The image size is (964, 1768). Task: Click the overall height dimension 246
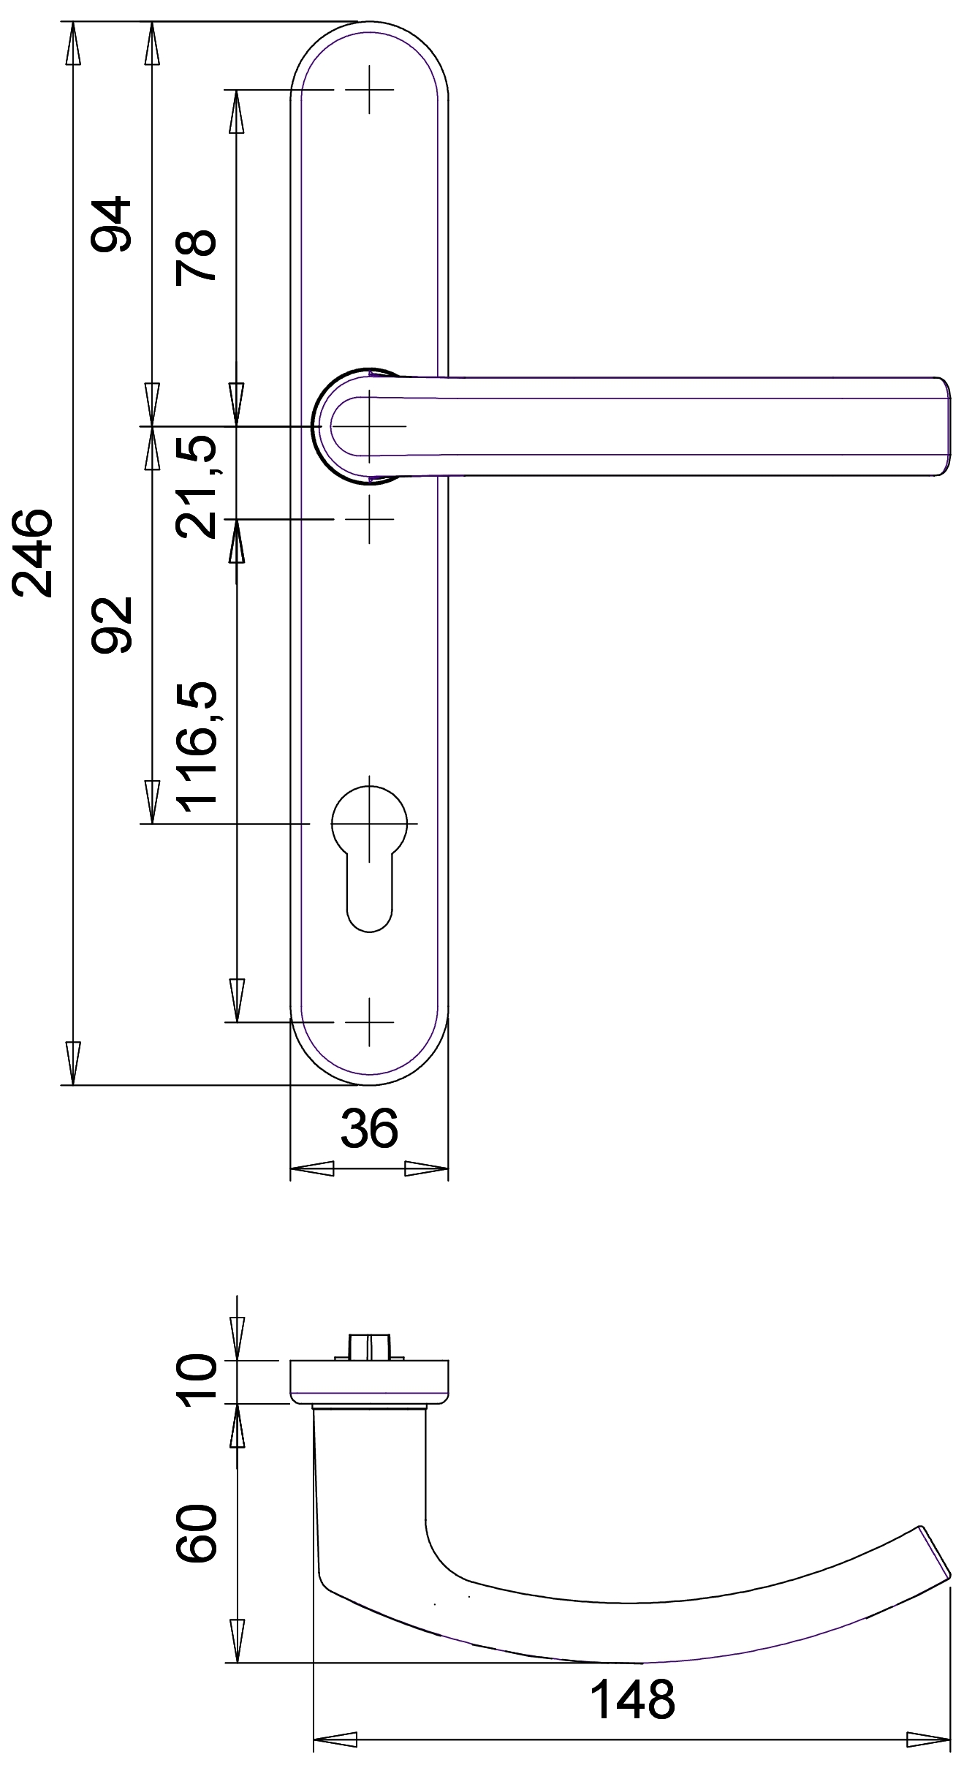[x=33, y=553]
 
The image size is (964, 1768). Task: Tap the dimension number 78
[x=196, y=256]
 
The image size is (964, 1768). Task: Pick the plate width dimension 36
[x=369, y=1127]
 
